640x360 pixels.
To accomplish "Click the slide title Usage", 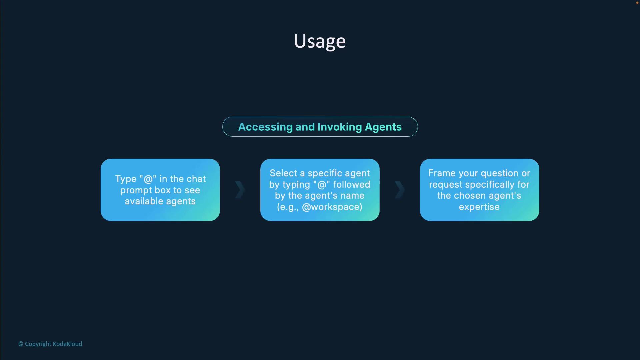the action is pos(320,41).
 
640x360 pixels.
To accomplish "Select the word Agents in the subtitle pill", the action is pos(383,127).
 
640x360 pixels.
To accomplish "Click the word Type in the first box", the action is pos(126,179).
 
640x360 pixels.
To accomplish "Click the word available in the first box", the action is pos(144,201).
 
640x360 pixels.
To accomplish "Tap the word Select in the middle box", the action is pos(283,173).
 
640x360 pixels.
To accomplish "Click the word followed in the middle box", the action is pos(352,184).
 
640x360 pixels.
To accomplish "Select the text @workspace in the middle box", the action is pos(332,207).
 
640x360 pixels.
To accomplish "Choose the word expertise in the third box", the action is pos(479,207).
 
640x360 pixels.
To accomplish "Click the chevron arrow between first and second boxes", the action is pos(240,190).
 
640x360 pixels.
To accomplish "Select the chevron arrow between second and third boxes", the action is pos(400,190).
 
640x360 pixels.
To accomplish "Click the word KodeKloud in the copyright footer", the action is pos(67,344).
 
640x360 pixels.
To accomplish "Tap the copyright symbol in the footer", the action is pos(21,344).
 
